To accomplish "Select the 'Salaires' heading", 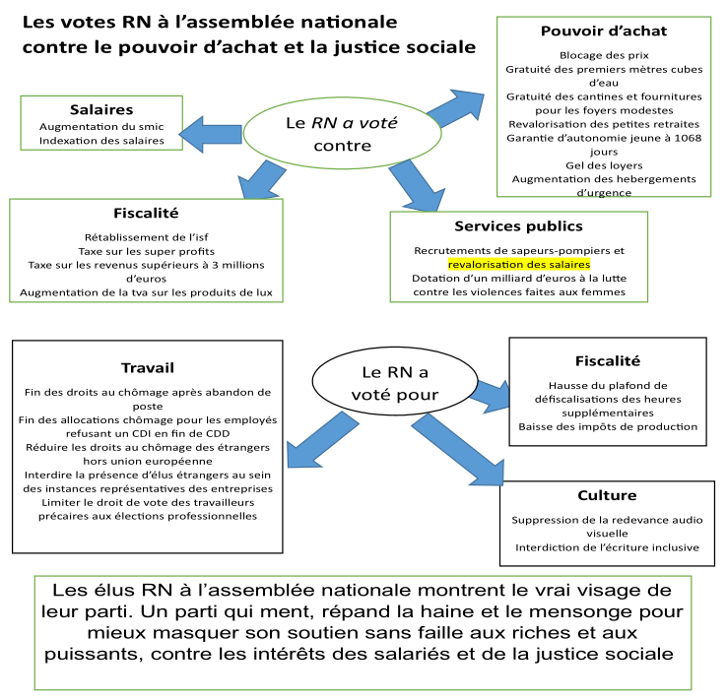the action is click(x=101, y=110).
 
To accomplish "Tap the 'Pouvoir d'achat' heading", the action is click(x=604, y=32).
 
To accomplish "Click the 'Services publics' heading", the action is click(x=518, y=226).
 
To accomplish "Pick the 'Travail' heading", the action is click(x=148, y=368).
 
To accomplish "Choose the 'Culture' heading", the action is click(x=607, y=495).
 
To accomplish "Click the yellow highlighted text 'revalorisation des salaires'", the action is click(x=519, y=265).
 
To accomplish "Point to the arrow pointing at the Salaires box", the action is click(x=211, y=134).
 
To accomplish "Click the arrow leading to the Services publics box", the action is click(x=418, y=186).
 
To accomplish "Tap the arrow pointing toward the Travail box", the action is click(x=322, y=440).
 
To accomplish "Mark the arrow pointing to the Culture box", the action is click(x=458, y=449).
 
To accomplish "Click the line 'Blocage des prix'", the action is click(x=604, y=55).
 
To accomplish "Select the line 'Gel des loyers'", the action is click(x=604, y=165).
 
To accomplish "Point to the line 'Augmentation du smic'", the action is click(x=101, y=126).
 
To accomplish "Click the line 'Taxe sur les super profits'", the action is click(x=147, y=252).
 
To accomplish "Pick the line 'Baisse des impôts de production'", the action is click(x=608, y=426).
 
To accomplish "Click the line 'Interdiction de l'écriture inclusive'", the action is click(x=607, y=547).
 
